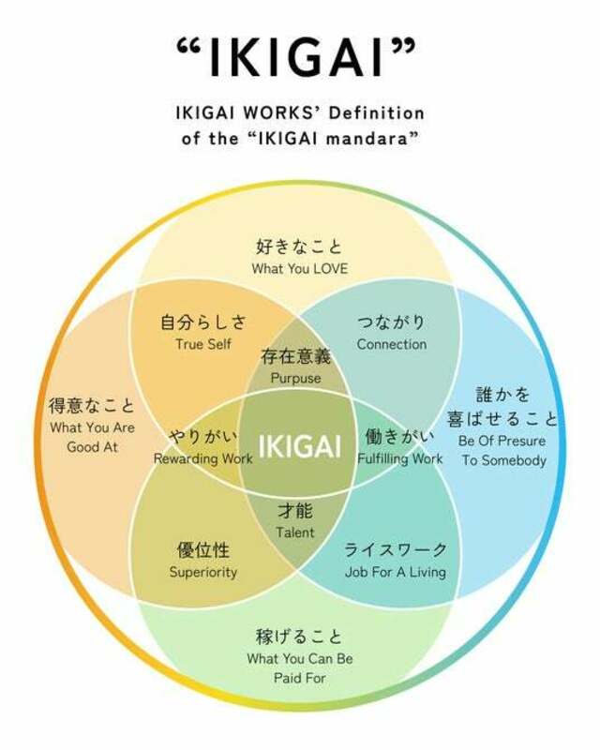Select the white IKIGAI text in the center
pos(300,446)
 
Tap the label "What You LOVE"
pos(300,268)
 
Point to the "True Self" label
pos(203,344)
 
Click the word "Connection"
pos(391,344)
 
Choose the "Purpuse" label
pos(295,378)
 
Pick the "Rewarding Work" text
pos(202,458)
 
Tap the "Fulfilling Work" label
pos(400,458)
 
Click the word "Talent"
pos(295,532)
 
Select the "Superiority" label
pos(203,572)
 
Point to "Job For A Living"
pos(396,572)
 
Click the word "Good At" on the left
pos(93,447)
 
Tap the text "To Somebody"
pos(503,460)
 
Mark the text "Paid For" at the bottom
pos(300,678)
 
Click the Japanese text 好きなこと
pos(299,247)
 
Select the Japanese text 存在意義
pos(295,356)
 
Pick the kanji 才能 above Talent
pos(295,511)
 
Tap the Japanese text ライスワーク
pos(396,549)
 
